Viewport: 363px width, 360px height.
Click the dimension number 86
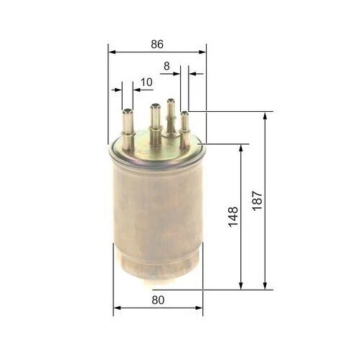pos(157,44)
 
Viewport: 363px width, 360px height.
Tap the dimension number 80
pos(158,300)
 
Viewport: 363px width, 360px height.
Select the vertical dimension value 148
pos(233,217)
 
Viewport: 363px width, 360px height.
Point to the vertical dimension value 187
pos(258,201)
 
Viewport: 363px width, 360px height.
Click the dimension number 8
pos(166,66)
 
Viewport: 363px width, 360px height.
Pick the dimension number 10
pos(146,82)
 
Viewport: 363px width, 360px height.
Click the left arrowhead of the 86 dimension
pos(112,52)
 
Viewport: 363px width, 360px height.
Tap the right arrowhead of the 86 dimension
pos(202,52)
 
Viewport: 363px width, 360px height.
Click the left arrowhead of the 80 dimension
pos(117,308)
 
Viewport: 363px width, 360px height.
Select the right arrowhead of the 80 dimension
pos(199,308)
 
